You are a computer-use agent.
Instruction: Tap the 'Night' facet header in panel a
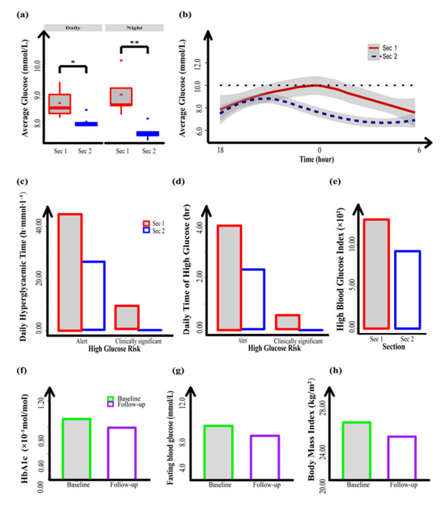[x=133, y=27]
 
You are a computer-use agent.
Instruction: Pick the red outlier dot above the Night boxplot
[x=121, y=60]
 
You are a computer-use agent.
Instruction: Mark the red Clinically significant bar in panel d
[x=287, y=322]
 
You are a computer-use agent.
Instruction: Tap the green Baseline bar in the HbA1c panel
[x=76, y=448]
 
